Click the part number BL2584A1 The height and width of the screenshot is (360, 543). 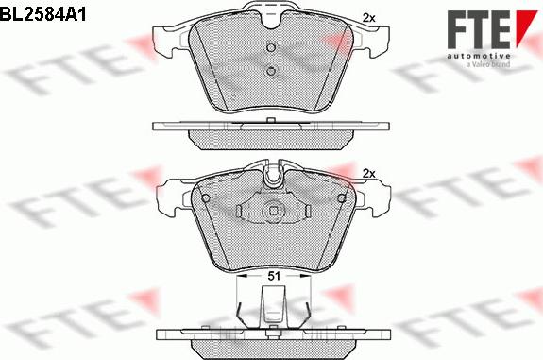pyautogui.click(x=42, y=15)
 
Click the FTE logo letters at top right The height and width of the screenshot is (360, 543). pyautogui.click(x=478, y=29)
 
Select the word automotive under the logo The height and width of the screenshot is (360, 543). pyautogui.click(x=478, y=56)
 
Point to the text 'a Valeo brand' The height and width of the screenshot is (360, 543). pyautogui.click(x=488, y=64)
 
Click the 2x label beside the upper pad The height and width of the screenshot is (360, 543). pyautogui.click(x=368, y=18)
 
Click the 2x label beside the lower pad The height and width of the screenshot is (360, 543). pyautogui.click(x=368, y=174)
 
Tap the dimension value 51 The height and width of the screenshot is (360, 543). pyautogui.click(x=274, y=276)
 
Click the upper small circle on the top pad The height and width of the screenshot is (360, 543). pyautogui.click(x=271, y=47)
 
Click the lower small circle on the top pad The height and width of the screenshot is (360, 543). pyautogui.click(x=271, y=71)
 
